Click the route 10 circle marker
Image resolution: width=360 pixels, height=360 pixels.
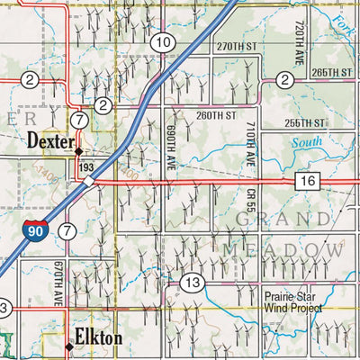pyautogui.click(x=162, y=42)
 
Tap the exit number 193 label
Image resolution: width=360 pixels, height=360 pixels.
pyautogui.click(x=86, y=167)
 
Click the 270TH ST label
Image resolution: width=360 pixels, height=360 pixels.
pyautogui.click(x=237, y=45)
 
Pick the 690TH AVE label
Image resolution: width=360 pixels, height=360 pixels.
pyautogui.click(x=173, y=140)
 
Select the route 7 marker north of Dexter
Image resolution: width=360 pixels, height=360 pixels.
pyautogui.click(x=80, y=120)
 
